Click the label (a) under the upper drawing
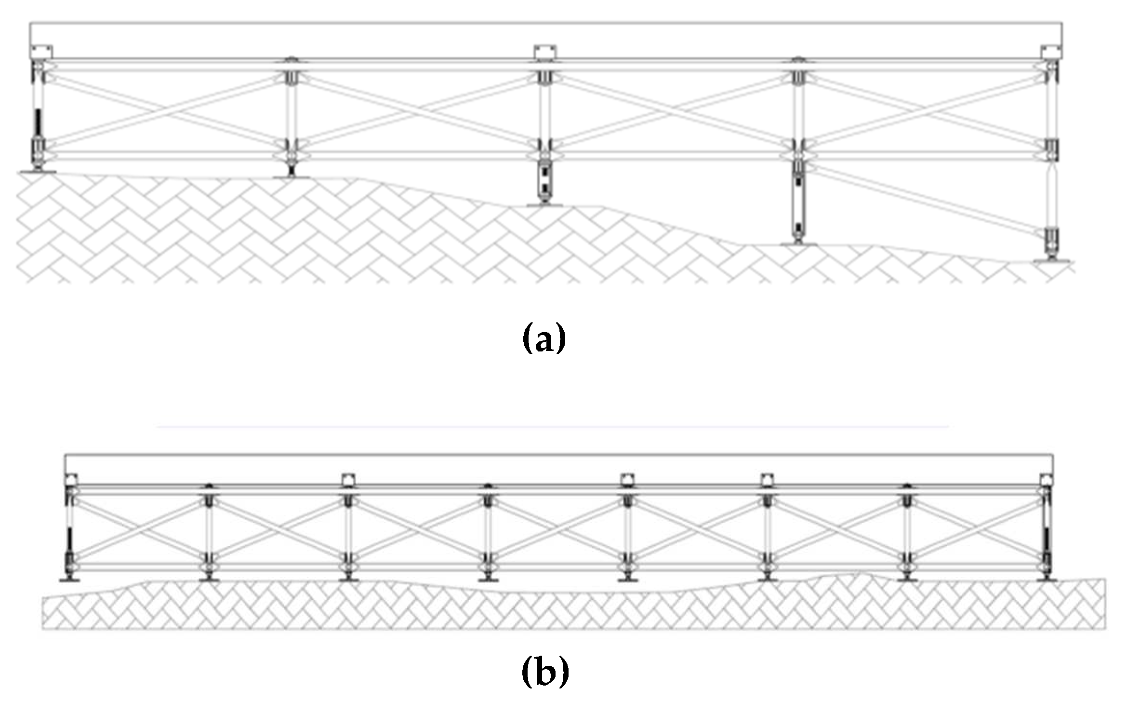tap(544, 339)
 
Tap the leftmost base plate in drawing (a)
tap(37, 171)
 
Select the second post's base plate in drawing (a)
tap(291, 177)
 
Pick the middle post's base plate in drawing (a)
tap(544, 205)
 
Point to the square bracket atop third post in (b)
tap(348, 479)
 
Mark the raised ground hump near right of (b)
tap(853, 575)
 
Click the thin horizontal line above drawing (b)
tap(552, 427)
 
